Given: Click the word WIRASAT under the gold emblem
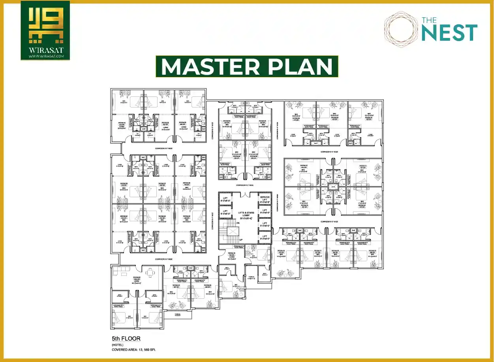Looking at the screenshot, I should [x=45, y=51].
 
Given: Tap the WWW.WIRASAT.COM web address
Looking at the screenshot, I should [x=45, y=57].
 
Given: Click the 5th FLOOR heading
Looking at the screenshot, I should [x=126, y=339].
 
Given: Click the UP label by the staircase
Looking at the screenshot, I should [x=240, y=239].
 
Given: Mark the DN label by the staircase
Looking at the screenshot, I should [x=238, y=223].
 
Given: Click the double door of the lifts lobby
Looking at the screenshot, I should [x=245, y=194].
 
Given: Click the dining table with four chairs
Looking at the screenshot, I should [x=150, y=272].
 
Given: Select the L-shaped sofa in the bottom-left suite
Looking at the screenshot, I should [x=120, y=271].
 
